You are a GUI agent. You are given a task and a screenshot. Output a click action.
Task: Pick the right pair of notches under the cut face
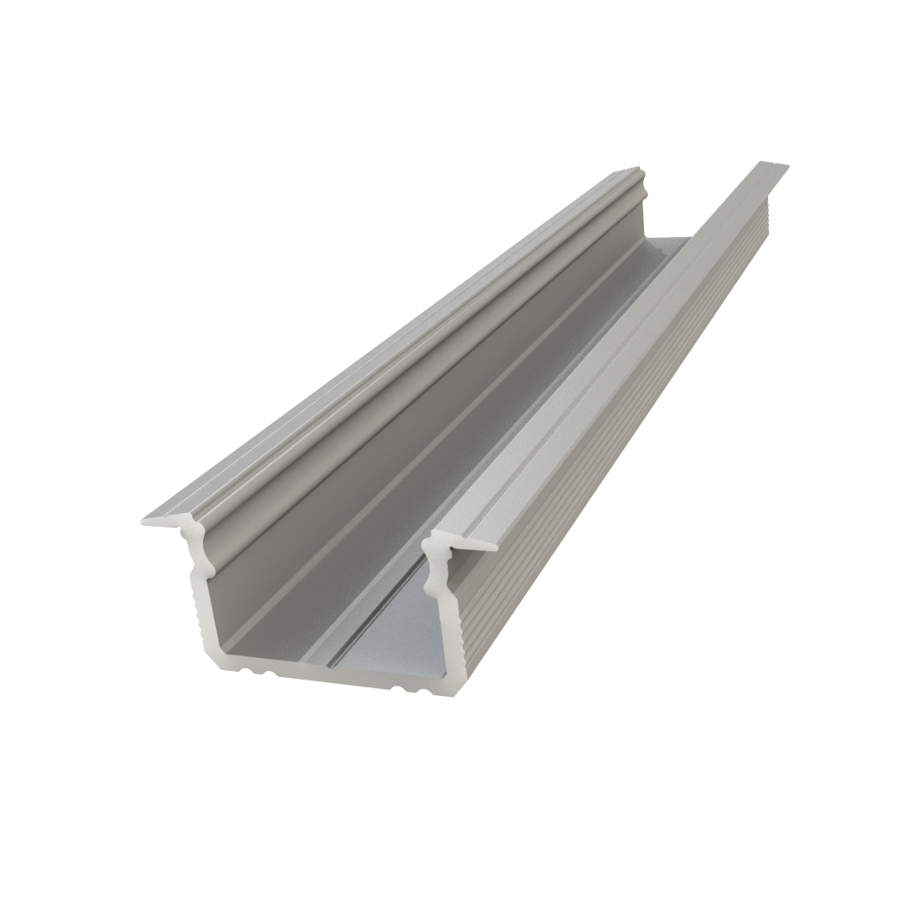click(400, 687)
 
